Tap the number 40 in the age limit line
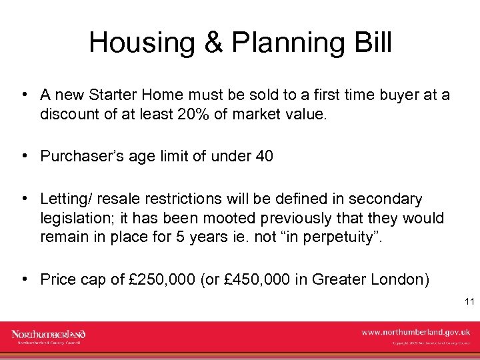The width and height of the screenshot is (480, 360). [264, 157]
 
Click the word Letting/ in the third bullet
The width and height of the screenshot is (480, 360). [66, 199]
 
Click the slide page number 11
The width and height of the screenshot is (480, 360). [469, 302]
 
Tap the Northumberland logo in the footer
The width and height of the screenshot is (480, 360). [49, 335]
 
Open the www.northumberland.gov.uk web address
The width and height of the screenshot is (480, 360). [416, 332]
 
